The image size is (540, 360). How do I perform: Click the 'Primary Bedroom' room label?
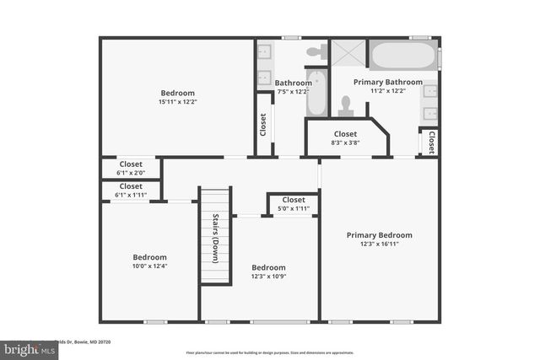tap(379, 235)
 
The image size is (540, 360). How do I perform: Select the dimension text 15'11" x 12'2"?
tap(178, 102)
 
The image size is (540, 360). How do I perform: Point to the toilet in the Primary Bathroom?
tap(344, 105)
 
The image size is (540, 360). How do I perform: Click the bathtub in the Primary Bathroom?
tap(403, 57)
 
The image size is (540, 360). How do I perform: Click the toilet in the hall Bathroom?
tap(316, 51)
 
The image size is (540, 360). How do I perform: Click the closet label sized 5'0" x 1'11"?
tap(294, 208)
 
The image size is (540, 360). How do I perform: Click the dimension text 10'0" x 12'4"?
tap(149, 266)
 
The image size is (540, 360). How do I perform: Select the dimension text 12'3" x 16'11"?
tap(379, 244)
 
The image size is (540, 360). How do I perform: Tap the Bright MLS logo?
tap(24, 348)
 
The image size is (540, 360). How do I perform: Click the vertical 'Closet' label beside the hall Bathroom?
tap(263, 124)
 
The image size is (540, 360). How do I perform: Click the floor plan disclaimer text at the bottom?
tap(270, 352)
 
